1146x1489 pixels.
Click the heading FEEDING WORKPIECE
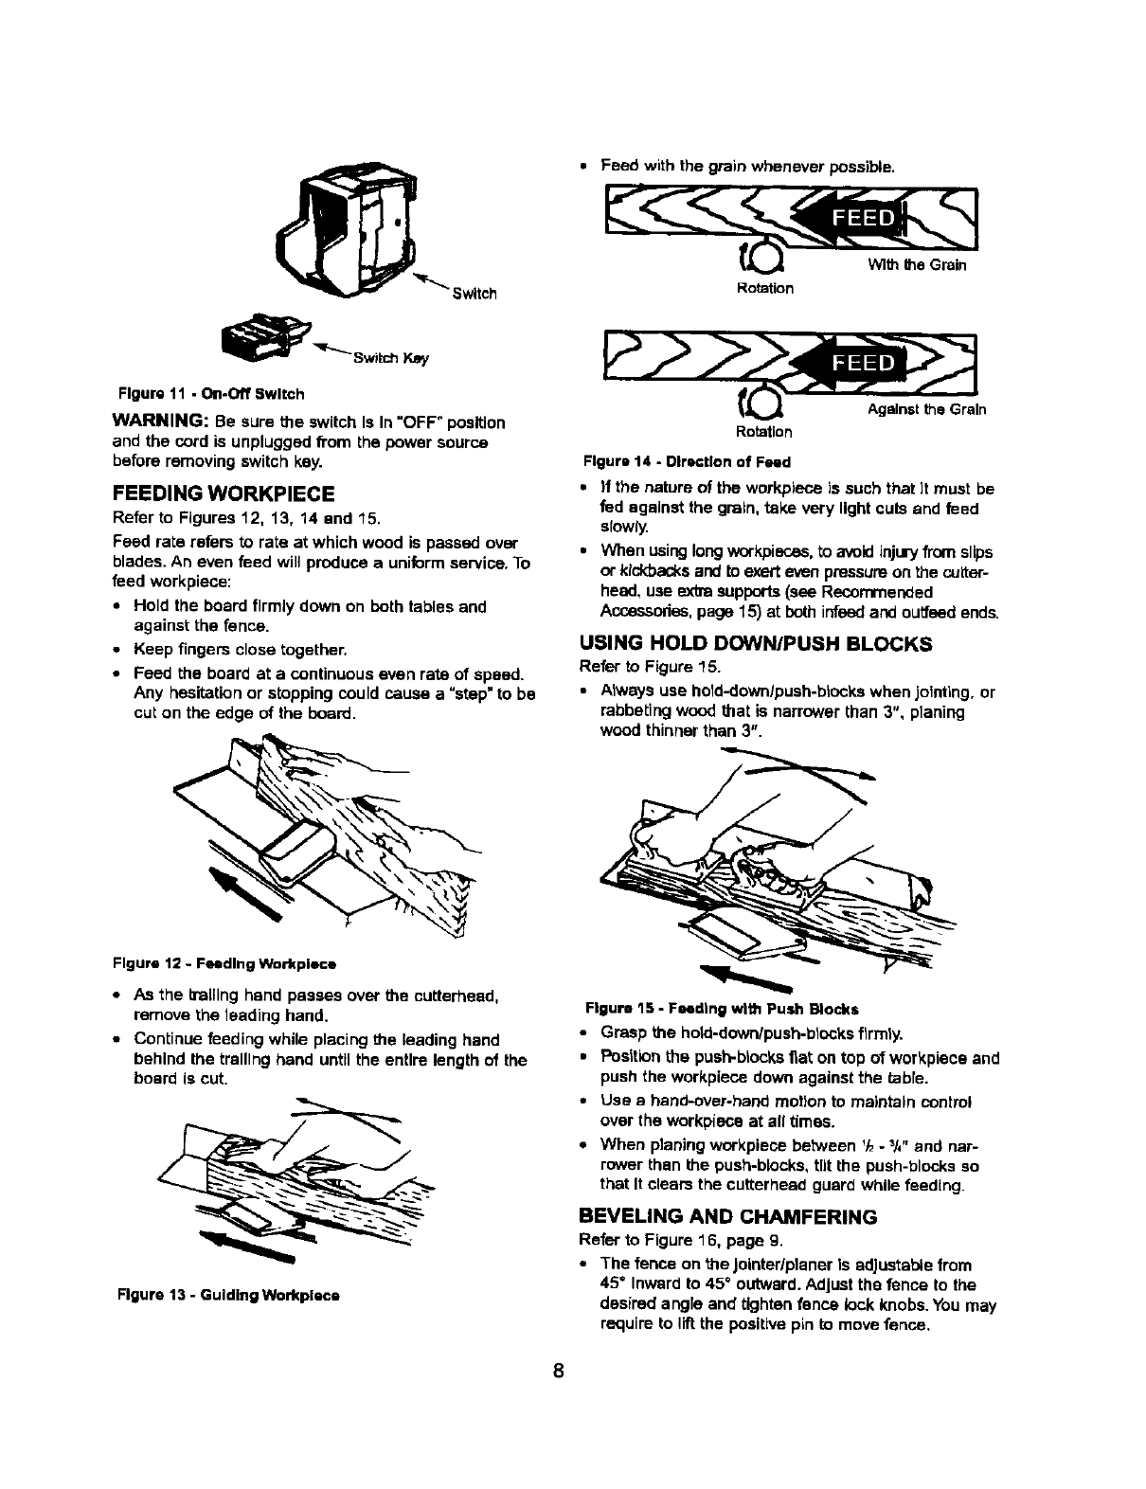[223, 493]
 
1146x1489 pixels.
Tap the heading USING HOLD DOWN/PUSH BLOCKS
[756, 643]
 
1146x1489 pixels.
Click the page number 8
[560, 1372]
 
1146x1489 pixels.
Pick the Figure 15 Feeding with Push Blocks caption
[722, 1007]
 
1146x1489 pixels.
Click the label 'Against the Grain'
[926, 409]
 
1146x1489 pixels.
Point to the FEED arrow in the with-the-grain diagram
[849, 220]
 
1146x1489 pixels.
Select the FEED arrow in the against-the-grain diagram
[849, 365]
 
